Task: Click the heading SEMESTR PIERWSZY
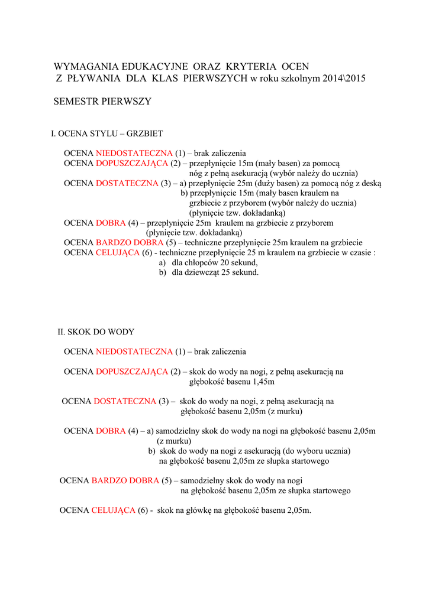click(x=102, y=102)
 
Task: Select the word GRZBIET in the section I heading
click(x=146, y=134)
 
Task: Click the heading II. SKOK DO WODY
click(x=96, y=332)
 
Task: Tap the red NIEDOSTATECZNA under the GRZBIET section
click(x=134, y=153)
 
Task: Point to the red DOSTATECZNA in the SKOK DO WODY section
click(x=125, y=401)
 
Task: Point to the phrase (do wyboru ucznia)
click(x=317, y=451)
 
